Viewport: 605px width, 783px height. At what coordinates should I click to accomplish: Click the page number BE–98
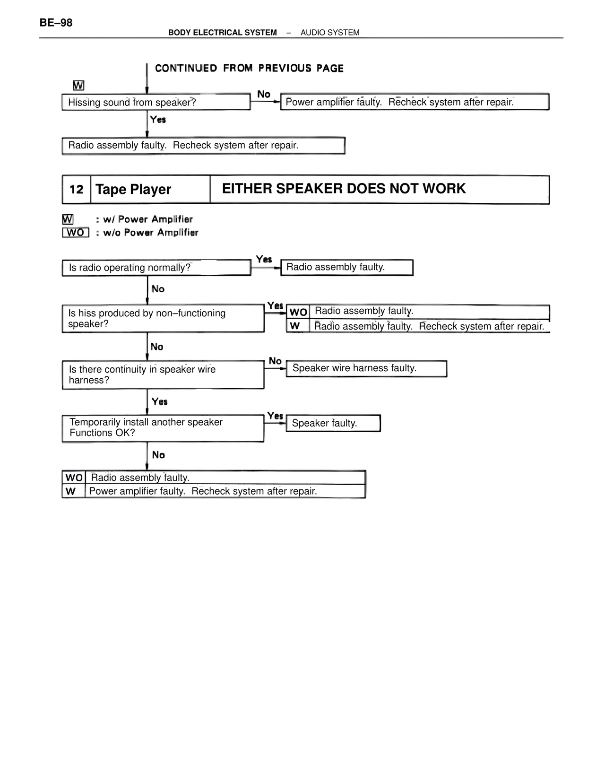tap(56, 23)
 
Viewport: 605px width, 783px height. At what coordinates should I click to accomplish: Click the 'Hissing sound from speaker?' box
tap(156, 102)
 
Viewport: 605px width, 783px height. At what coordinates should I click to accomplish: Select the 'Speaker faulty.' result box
tap(333, 423)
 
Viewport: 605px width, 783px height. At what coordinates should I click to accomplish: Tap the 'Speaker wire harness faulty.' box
tap(366, 368)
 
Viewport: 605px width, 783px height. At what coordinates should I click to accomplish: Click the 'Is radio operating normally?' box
tap(156, 268)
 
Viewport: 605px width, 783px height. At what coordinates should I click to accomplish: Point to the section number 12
tap(76, 190)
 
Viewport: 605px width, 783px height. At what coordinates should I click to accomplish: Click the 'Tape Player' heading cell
tap(149, 190)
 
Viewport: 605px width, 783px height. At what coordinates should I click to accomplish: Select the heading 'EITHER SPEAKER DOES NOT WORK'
tap(344, 189)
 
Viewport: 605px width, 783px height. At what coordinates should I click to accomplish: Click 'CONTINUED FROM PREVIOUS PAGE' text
tap(249, 69)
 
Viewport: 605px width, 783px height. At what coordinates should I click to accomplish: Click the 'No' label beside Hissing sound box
tap(264, 94)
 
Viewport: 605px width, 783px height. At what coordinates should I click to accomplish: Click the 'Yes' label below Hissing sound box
tap(158, 120)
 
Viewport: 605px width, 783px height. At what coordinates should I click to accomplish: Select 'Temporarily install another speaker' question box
tap(163, 427)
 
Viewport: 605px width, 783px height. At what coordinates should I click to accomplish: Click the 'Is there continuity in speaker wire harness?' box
tap(163, 374)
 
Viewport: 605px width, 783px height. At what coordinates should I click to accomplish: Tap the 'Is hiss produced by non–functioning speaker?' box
tap(163, 318)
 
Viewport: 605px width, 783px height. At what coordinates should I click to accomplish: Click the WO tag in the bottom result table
tap(74, 478)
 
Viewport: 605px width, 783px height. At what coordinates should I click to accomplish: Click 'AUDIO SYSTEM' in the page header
tap(330, 33)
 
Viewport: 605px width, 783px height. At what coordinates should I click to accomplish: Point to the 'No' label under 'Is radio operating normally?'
tap(158, 289)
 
